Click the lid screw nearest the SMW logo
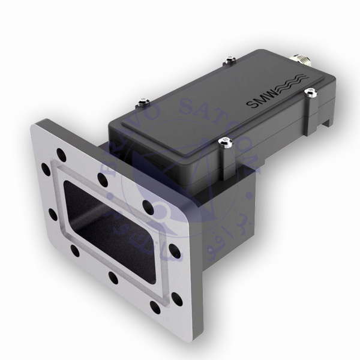point(310,91)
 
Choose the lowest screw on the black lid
point(226,142)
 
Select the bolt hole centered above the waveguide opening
point(103,179)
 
